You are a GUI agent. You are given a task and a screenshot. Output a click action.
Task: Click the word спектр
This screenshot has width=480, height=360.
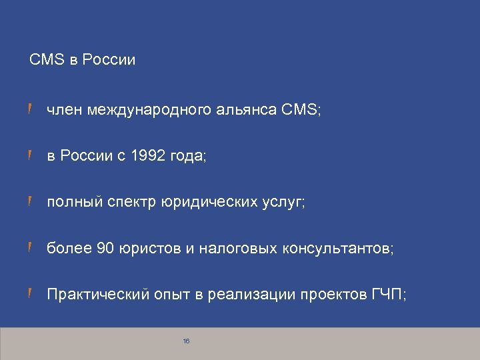click(x=133, y=202)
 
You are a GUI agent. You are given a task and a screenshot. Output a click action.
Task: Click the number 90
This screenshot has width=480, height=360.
click(x=106, y=249)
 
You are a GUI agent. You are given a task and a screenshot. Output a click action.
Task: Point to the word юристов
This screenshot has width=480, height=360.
click(x=150, y=249)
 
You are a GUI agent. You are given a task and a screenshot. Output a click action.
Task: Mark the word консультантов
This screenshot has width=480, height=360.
click(x=339, y=249)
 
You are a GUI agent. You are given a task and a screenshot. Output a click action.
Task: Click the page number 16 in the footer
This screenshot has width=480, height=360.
click(x=186, y=341)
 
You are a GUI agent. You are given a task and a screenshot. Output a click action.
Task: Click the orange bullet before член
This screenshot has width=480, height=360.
click(x=31, y=109)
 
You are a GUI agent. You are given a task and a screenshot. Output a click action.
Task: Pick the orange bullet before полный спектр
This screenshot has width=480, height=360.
click(x=31, y=202)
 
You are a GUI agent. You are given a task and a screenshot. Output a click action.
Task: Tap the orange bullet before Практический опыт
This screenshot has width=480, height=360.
click(x=31, y=295)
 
